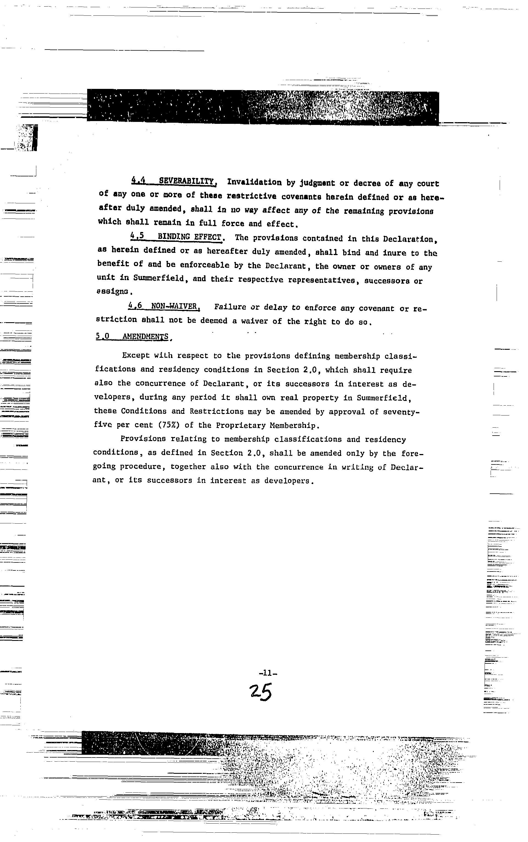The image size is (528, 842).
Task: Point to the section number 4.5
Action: [x=137, y=236]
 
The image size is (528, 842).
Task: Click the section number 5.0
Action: [x=102, y=336]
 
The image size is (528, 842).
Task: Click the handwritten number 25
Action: [x=261, y=692]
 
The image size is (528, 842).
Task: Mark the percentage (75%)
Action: [x=169, y=425]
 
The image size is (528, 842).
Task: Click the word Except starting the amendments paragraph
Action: [x=136, y=356]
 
